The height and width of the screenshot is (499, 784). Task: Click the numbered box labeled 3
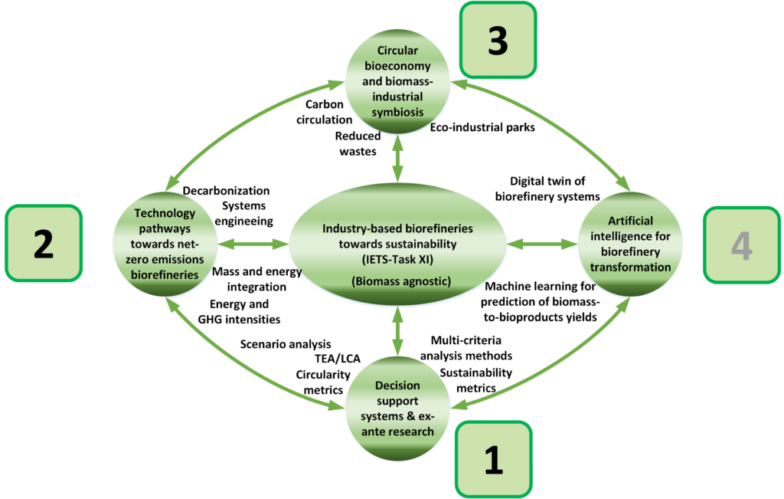498,40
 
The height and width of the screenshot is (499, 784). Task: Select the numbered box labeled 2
44,243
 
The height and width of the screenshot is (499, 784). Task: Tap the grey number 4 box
742,245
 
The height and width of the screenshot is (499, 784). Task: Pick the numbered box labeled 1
494,459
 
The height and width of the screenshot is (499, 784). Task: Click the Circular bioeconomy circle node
397,81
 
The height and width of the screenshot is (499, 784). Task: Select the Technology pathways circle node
165,244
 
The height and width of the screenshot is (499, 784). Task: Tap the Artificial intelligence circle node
630,244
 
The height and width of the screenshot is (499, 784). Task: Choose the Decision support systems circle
397,409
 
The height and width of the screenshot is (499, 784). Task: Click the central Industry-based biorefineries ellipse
397,245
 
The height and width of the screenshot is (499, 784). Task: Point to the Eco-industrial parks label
482,128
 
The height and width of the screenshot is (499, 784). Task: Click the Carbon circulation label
325,112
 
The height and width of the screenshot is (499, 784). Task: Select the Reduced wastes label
358,143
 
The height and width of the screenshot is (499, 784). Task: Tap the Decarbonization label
226,191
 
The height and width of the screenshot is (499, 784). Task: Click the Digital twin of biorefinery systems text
547,189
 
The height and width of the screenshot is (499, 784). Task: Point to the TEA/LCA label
338,359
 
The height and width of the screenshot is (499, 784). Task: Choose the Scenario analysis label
286,344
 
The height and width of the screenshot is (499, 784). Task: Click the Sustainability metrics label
476,380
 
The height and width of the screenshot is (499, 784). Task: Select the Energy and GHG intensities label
239,312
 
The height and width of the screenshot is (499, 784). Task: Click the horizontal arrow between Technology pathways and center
253,245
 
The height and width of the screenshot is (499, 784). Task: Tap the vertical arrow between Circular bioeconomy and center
397,159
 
